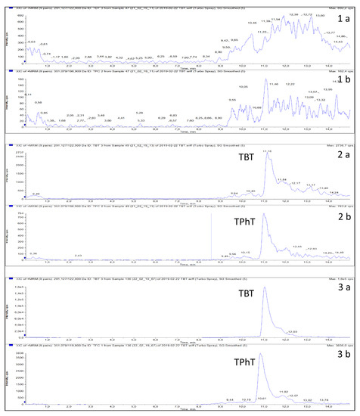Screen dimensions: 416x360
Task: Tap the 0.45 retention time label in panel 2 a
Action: pos(36,194)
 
